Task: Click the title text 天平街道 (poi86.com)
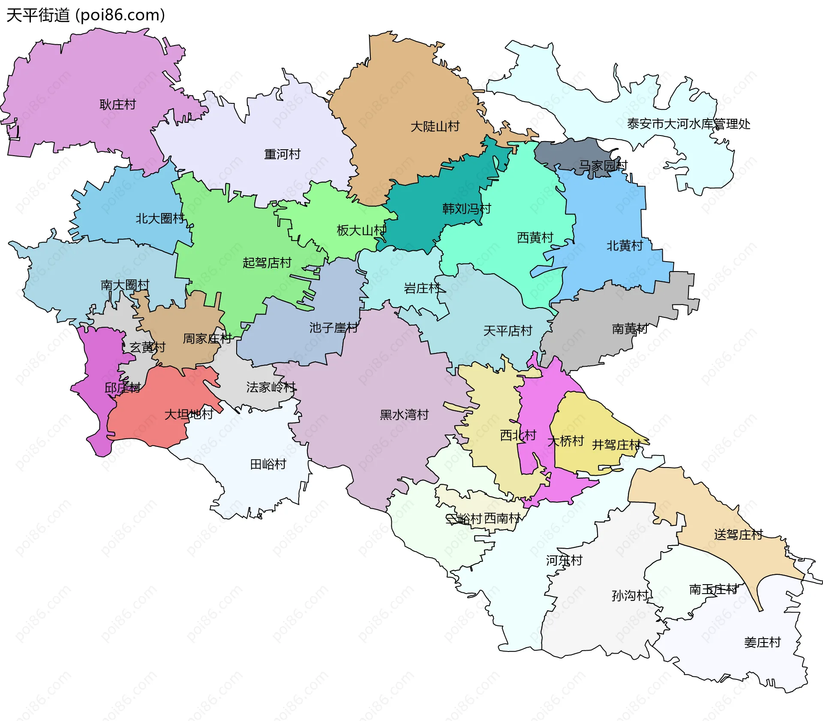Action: pyautogui.click(x=86, y=15)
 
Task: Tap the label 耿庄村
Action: pyautogui.click(x=117, y=105)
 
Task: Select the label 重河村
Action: pyautogui.click(x=282, y=154)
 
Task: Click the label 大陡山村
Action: pyautogui.click(x=435, y=127)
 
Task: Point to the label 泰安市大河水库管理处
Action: pyautogui.click(x=688, y=124)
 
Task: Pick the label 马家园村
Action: pyautogui.click(x=603, y=166)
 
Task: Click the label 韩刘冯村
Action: pyautogui.click(x=466, y=209)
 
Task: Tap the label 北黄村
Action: pyautogui.click(x=625, y=246)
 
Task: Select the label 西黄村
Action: pyautogui.click(x=535, y=238)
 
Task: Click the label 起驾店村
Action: pyautogui.click(x=267, y=262)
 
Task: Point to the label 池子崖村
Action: pyautogui.click(x=333, y=328)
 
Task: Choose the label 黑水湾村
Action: pyautogui.click(x=404, y=415)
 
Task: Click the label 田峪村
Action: pyautogui.click(x=268, y=464)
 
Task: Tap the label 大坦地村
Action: pyautogui.click(x=189, y=414)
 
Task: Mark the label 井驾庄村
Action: pyautogui.click(x=616, y=445)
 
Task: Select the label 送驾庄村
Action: pyautogui.click(x=738, y=535)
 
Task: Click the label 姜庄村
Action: pyautogui.click(x=762, y=643)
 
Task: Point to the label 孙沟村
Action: pyautogui.click(x=630, y=595)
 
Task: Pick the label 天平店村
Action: pyautogui.click(x=508, y=331)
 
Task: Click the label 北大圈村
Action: pyautogui.click(x=159, y=219)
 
